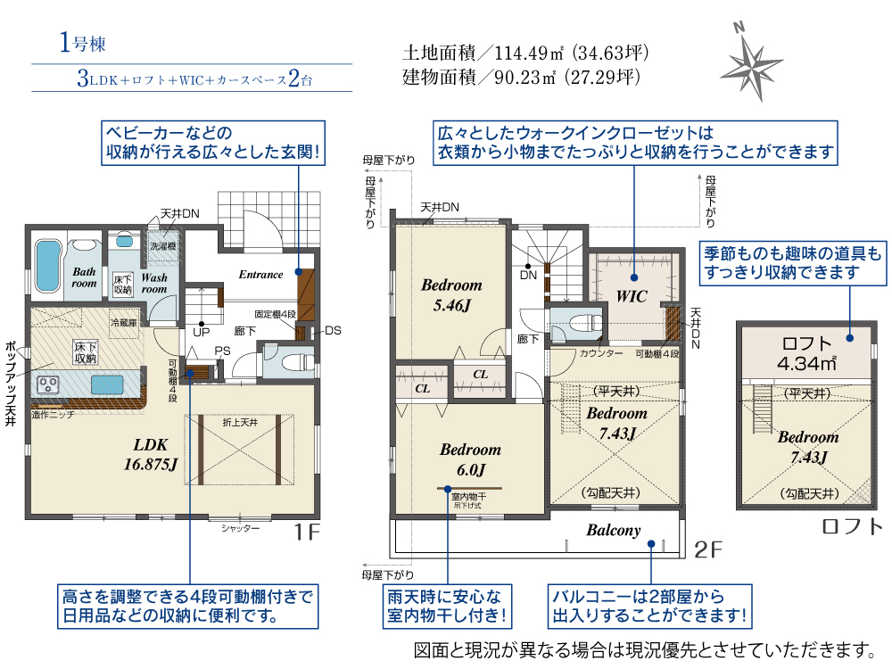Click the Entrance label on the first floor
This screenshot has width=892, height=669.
(x=260, y=275)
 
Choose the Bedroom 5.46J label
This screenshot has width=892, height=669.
(x=451, y=294)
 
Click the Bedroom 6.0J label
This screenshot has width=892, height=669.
(x=470, y=458)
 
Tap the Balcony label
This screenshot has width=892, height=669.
(x=613, y=530)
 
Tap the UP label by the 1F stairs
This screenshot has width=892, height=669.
(x=202, y=332)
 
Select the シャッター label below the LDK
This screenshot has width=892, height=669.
(x=241, y=529)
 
